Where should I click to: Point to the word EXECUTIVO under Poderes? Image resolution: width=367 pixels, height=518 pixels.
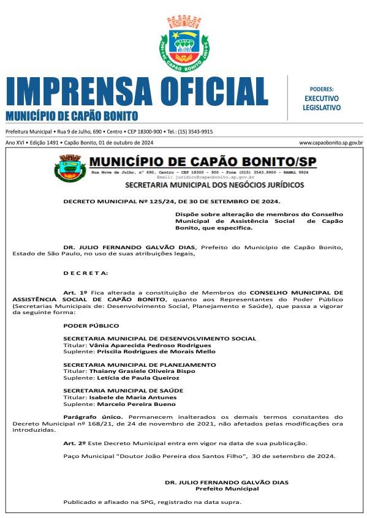[321, 98]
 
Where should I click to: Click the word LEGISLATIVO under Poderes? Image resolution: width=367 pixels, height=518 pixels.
[321, 107]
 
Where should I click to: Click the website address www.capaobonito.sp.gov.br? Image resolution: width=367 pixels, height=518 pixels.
[331, 142]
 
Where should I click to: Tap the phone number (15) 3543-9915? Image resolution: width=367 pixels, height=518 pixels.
[195, 132]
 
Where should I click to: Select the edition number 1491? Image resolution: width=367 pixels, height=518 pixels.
[52, 142]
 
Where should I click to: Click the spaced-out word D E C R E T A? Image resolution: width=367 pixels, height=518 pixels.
[86, 272]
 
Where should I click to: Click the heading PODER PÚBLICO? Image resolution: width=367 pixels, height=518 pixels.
[91, 326]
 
